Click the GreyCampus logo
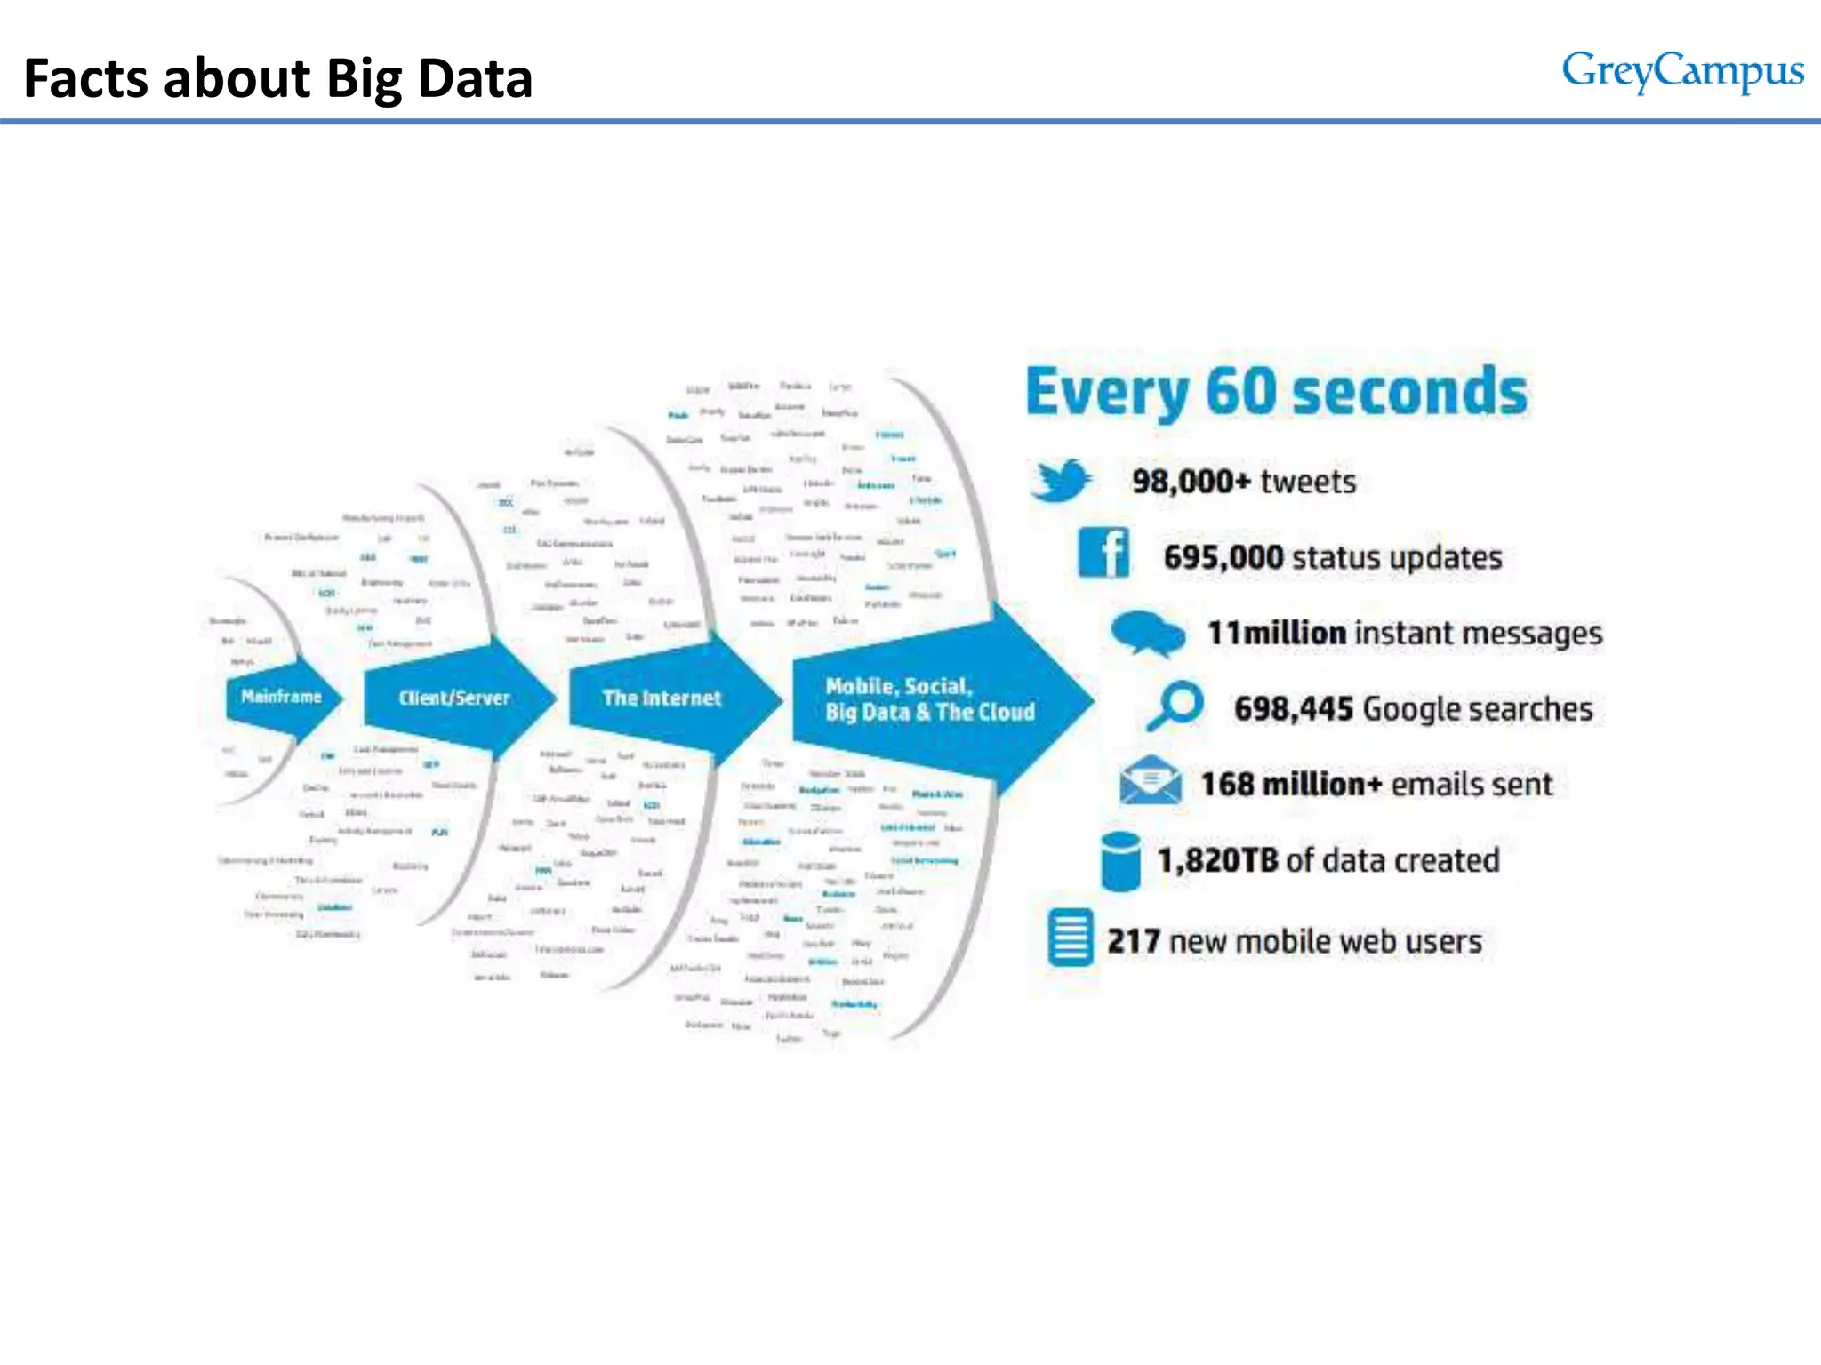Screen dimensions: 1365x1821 coord(1682,71)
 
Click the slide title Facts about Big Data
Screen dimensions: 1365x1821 coord(277,78)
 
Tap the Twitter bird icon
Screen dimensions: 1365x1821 coord(1060,480)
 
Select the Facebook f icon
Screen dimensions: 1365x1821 coord(1103,553)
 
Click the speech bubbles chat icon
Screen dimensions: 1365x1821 coord(1147,633)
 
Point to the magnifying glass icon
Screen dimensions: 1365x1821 coord(1175,706)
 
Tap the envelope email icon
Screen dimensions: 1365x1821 coord(1151,780)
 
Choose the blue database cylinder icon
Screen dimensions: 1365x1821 coord(1119,860)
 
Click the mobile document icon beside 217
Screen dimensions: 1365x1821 coord(1070,938)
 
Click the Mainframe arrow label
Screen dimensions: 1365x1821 coord(281,697)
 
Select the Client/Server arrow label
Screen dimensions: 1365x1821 coord(453,698)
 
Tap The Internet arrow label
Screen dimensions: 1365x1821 coord(662,698)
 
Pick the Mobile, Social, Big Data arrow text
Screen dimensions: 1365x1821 coord(928,699)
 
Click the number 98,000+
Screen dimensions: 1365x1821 coord(1191,482)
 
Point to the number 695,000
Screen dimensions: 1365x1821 coord(1223,557)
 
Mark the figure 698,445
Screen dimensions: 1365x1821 coord(1293,709)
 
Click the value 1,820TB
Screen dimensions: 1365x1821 coord(1217,860)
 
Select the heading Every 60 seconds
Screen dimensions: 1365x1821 coord(1276,392)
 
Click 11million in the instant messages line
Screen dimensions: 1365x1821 coord(1276,633)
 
